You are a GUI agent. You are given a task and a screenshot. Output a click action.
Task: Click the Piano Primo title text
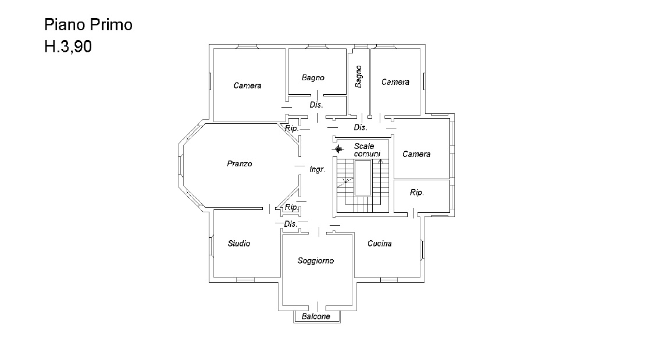tap(88, 25)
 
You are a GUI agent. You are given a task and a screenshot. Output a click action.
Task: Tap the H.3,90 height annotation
tap(68, 47)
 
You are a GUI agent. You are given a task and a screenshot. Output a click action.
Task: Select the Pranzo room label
tap(240, 164)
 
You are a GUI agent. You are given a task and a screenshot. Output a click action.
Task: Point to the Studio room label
tap(238, 243)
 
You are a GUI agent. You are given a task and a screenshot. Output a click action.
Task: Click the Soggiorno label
tap(315, 261)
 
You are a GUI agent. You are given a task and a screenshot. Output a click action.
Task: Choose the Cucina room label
tap(379, 243)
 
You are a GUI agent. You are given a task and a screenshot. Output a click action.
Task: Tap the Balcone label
tap(316, 316)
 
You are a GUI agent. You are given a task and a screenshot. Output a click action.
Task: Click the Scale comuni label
tap(366, 150)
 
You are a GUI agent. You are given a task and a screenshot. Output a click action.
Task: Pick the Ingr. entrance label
tap(317, 169)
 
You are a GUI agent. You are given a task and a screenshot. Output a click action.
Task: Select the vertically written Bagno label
tap(358, 77)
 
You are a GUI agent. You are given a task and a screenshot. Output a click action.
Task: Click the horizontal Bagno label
tap(313, 77)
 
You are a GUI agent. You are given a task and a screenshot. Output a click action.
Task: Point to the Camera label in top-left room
tap(247, 85)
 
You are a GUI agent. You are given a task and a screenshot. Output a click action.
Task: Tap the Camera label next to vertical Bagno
tap(395, 82)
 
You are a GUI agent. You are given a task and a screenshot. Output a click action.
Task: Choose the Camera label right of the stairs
tap(416, 154)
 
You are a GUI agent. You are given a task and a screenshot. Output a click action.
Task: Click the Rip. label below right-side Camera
tap(417, 193)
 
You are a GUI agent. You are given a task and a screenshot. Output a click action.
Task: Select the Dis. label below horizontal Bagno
tap(316, 105)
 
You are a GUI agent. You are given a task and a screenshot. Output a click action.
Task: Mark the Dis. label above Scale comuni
tap(361, 127)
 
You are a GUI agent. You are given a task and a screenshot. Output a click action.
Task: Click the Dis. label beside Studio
tap(290, 224)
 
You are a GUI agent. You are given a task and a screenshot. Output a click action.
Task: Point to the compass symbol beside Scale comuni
tap(338, 149)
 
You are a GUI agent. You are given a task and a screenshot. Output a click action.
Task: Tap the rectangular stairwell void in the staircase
tap(363, 178)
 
